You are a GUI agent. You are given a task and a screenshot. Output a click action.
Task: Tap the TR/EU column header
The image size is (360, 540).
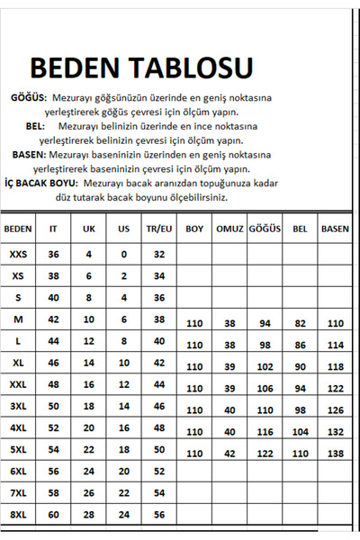158,229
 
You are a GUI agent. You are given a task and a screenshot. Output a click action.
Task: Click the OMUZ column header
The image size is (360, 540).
229,229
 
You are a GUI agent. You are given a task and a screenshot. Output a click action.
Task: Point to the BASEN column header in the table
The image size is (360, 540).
335,229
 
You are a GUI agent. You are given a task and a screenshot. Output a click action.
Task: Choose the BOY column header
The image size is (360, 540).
193,229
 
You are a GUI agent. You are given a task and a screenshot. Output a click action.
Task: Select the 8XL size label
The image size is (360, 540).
18,514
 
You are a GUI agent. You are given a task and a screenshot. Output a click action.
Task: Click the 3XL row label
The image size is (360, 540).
18,406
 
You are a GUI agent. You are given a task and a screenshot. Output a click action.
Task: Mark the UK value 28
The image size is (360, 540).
88,514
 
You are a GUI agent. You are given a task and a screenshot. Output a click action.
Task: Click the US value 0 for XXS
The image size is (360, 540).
123,255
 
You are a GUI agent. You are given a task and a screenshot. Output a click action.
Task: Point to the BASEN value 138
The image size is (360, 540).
335,454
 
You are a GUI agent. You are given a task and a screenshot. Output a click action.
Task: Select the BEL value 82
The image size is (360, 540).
300,323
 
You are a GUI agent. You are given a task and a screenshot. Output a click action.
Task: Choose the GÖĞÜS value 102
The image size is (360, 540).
265,366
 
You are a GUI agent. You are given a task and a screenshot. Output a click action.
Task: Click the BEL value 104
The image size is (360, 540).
300,432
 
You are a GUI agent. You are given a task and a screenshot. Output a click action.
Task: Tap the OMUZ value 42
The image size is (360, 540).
229,454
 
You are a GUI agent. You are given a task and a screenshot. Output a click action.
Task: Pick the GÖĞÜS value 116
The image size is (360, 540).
265,432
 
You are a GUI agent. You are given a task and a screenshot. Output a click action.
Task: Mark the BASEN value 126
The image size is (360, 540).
335,410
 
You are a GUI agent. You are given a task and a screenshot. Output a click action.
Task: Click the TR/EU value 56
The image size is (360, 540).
158,514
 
